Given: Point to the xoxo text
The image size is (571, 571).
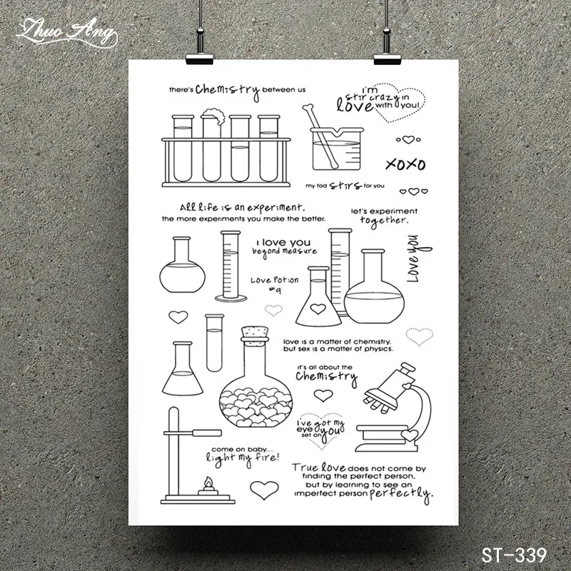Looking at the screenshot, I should pos(404,165).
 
